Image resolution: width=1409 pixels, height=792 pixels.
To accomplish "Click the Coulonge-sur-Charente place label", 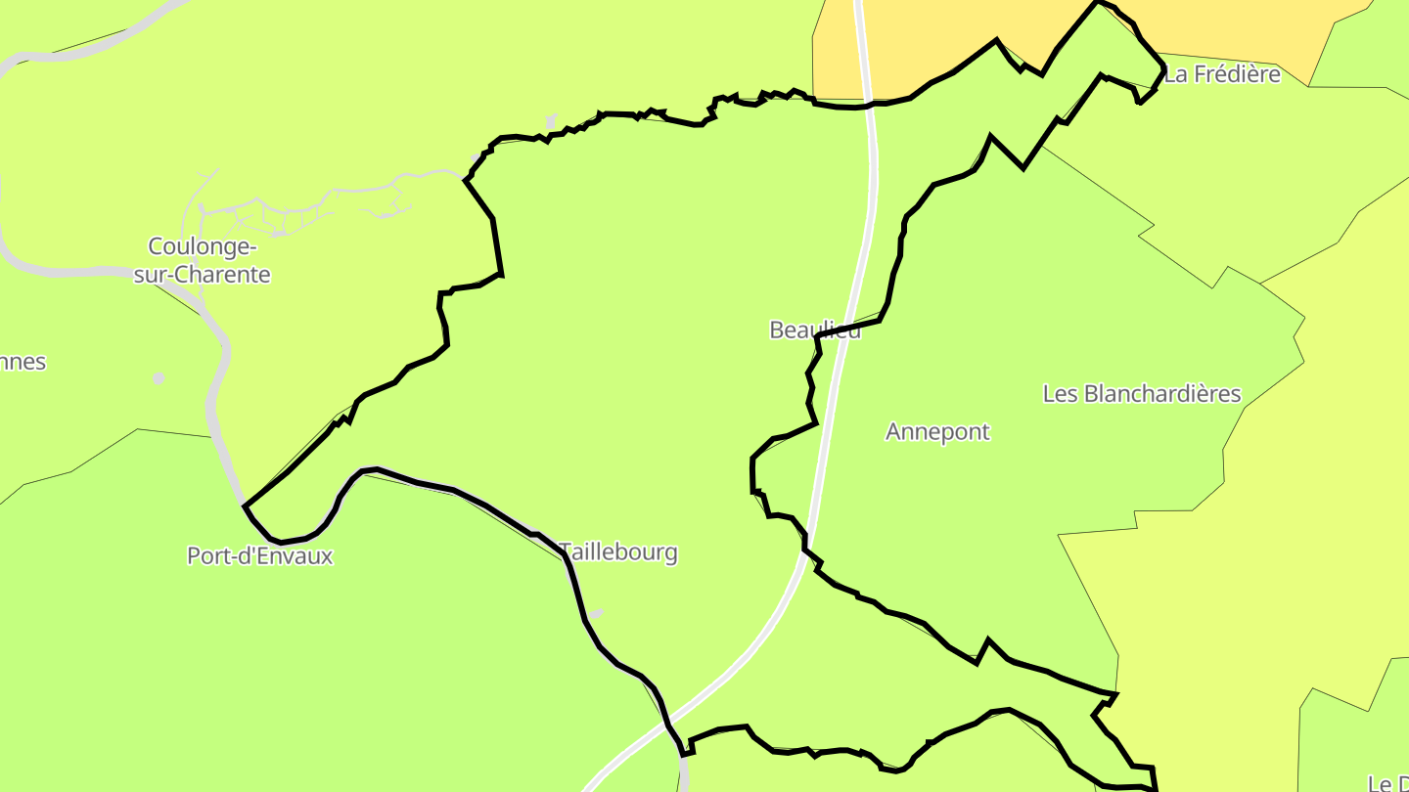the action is tap(202, 260).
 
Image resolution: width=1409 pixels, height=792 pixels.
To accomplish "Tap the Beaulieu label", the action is tap(815, 330).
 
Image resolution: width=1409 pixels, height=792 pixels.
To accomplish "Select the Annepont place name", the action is tap(937, 431).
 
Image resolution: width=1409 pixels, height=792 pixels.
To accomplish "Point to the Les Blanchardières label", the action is tap(1141, 394).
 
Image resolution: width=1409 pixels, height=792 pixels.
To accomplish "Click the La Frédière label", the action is tap(1222, 74).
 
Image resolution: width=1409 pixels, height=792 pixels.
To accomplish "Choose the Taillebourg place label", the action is tap(618, 552).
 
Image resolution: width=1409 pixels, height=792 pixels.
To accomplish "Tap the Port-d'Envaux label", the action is tap(260, 556).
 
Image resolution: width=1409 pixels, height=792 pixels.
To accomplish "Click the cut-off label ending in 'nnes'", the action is tap(22, 362).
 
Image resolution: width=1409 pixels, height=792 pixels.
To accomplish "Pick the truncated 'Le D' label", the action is tap(1387, 783).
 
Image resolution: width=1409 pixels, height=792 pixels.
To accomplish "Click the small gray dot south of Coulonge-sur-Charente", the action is tap(159, 377).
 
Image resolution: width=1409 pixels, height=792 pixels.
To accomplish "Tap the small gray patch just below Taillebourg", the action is tap(595, 614).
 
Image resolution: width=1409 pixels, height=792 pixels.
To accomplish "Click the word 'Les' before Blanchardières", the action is tap(1060, 394).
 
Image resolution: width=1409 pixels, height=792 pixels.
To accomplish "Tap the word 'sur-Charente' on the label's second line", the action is tap(202, 275).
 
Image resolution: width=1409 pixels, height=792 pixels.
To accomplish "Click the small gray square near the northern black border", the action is tap(551, 120).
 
